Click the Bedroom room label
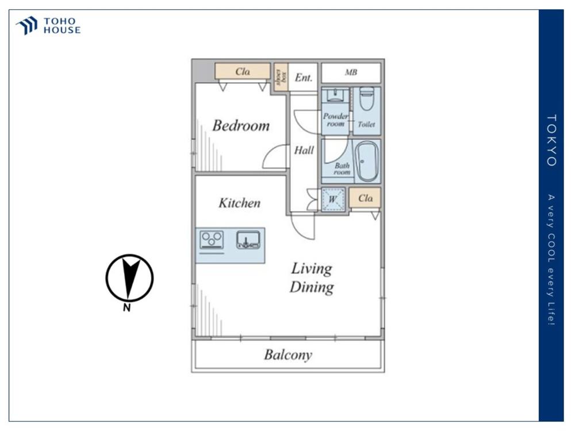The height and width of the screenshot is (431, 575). (x=241, y=126)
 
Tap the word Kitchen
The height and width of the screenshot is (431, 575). (x=239, y=203)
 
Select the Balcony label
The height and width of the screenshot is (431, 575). (x=288, y=355)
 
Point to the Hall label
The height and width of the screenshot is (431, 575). (x=304, y=150)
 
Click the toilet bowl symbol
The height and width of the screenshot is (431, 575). (x=366, y=98)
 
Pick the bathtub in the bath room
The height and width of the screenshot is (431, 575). (x=367, y=161)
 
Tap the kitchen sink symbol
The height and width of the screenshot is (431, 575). (x=248, y=240)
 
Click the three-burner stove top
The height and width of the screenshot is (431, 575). (x=212, y=240)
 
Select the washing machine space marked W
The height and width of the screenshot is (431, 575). (x=333, y=199)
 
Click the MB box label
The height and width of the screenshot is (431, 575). (x=351, y=72)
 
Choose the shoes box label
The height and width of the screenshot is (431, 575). (x=281, y=77)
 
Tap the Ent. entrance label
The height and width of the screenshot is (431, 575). (x=304, y=78)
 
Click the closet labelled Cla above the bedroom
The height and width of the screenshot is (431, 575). (x=243, y=71)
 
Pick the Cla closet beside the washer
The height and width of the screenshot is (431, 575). (x=365, y=198)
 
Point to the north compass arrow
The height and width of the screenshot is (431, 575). (x=130, y=278)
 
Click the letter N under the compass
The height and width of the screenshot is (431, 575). (x=127, y=307)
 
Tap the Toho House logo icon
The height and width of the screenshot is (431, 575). (x=27, y=26)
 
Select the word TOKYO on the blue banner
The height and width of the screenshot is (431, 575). (x=551, y=140)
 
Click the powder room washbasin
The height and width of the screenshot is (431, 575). (x=335, y=95)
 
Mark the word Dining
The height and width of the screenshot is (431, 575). (x=312, y=287)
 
